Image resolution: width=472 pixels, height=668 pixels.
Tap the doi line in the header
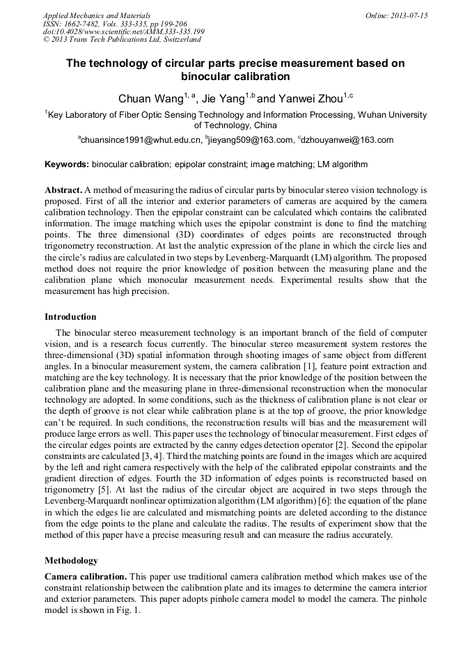[123, 32]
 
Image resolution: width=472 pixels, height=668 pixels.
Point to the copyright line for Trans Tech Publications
[122, 40]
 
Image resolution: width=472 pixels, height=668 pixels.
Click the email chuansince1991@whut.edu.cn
[141, 140]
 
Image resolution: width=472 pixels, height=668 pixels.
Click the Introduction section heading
[70, 317]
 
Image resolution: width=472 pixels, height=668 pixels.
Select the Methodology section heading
[71, 560]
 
